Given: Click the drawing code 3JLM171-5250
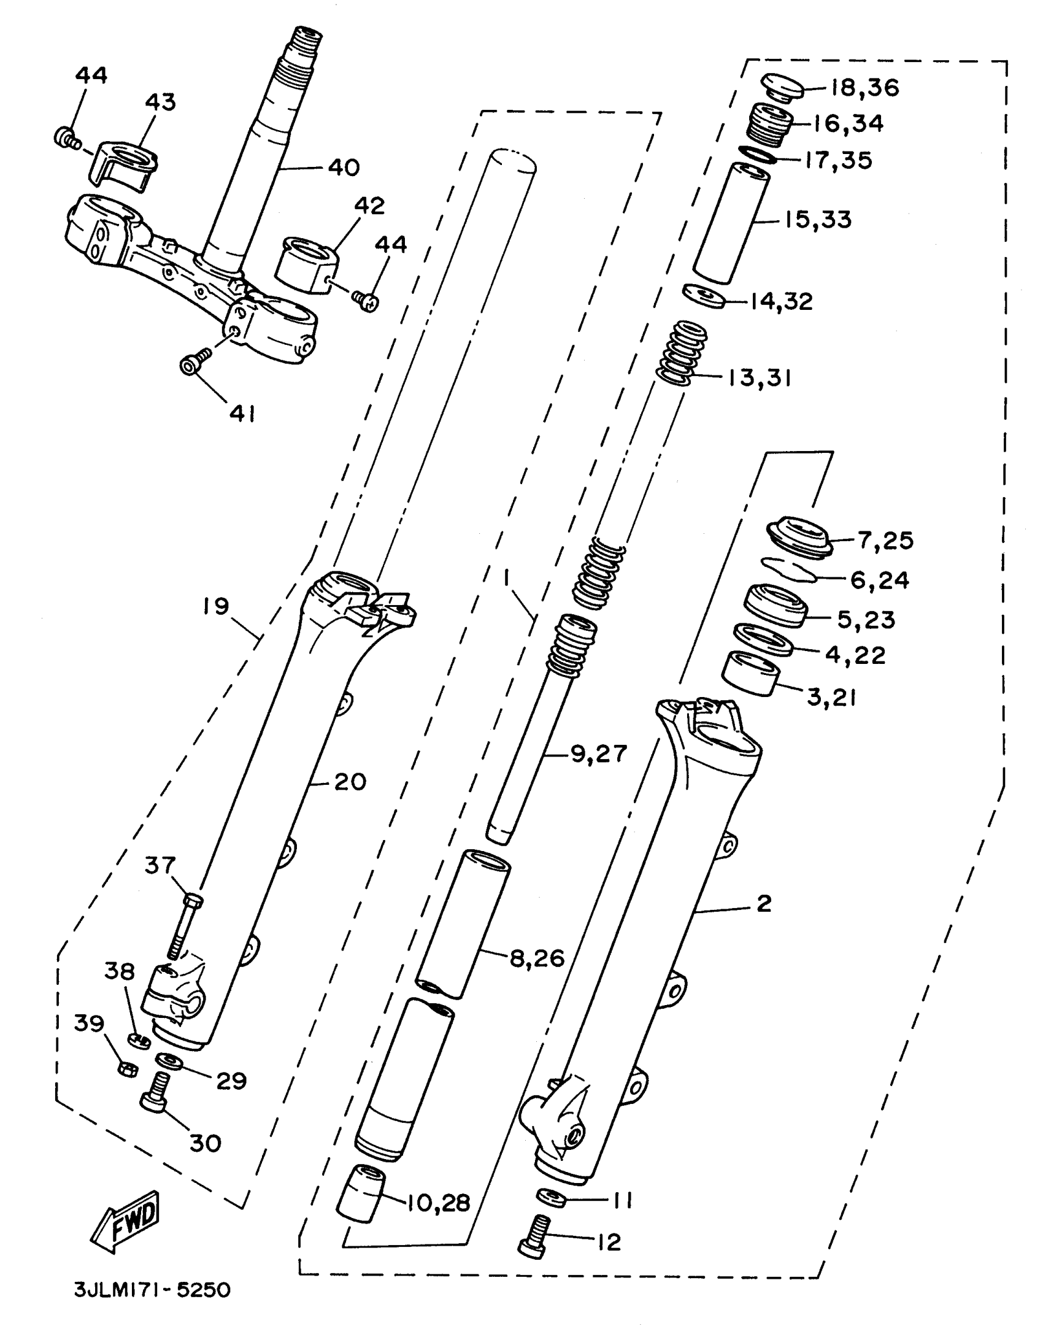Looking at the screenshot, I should click(x=152, y=1289).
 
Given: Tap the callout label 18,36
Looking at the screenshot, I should click(x=865, y=88).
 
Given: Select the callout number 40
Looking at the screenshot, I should click(x=344, y=167).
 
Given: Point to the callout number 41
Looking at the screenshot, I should click(x=242, y=414).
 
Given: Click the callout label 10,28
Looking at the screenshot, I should click(x=437, y=1202).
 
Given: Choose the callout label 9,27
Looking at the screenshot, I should click(x=599, y=754).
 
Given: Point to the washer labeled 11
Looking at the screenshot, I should click(x=550, y=1197).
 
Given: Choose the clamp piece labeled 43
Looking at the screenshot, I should click(x=125, y=165).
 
